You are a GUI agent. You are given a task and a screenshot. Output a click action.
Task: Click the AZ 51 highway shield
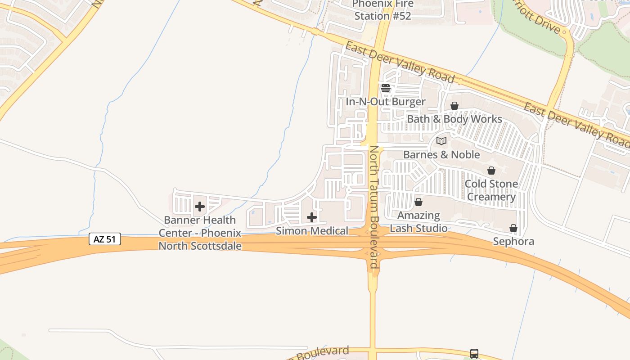(x=105, y=239)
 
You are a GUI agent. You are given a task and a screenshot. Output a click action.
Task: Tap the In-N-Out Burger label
(x=385, y=102)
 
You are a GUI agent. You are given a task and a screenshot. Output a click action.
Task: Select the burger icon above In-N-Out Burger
(x=386, y=88)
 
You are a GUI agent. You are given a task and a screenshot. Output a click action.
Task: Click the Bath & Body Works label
(x=454, y=119)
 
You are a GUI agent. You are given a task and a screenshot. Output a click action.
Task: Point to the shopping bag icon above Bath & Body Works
(x=454, y=106)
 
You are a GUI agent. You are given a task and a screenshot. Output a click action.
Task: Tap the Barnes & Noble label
(x=441, y=155)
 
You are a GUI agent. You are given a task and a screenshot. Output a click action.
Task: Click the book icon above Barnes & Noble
(x=441, y=141)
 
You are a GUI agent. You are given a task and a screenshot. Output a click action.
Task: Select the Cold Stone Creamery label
(x=491, y=190)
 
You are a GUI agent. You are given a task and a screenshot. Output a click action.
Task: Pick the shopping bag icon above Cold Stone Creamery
(x=491, y=171)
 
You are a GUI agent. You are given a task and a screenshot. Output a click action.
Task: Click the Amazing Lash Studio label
(x=418, y=222)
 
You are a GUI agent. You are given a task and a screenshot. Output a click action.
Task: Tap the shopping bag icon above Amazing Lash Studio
(x=418, y=202)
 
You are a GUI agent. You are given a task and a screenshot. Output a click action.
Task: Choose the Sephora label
(x=513, y=242)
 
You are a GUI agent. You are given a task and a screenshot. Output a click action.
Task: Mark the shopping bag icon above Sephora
(x=513, y=229)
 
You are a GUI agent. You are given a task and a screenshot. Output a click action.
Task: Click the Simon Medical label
(x=312, y=231)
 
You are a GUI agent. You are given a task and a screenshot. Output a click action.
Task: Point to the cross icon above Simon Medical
(x=312, y=218)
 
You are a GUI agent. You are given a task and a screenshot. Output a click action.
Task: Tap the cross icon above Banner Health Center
(x=200, y=207)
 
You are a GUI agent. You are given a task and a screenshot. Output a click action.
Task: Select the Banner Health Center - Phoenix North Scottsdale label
(x=200, y=233)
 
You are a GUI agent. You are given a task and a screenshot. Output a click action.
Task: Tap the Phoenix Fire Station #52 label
(x=382, y=10)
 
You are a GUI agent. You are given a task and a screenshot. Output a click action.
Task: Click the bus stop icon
(x=474, y=354)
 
